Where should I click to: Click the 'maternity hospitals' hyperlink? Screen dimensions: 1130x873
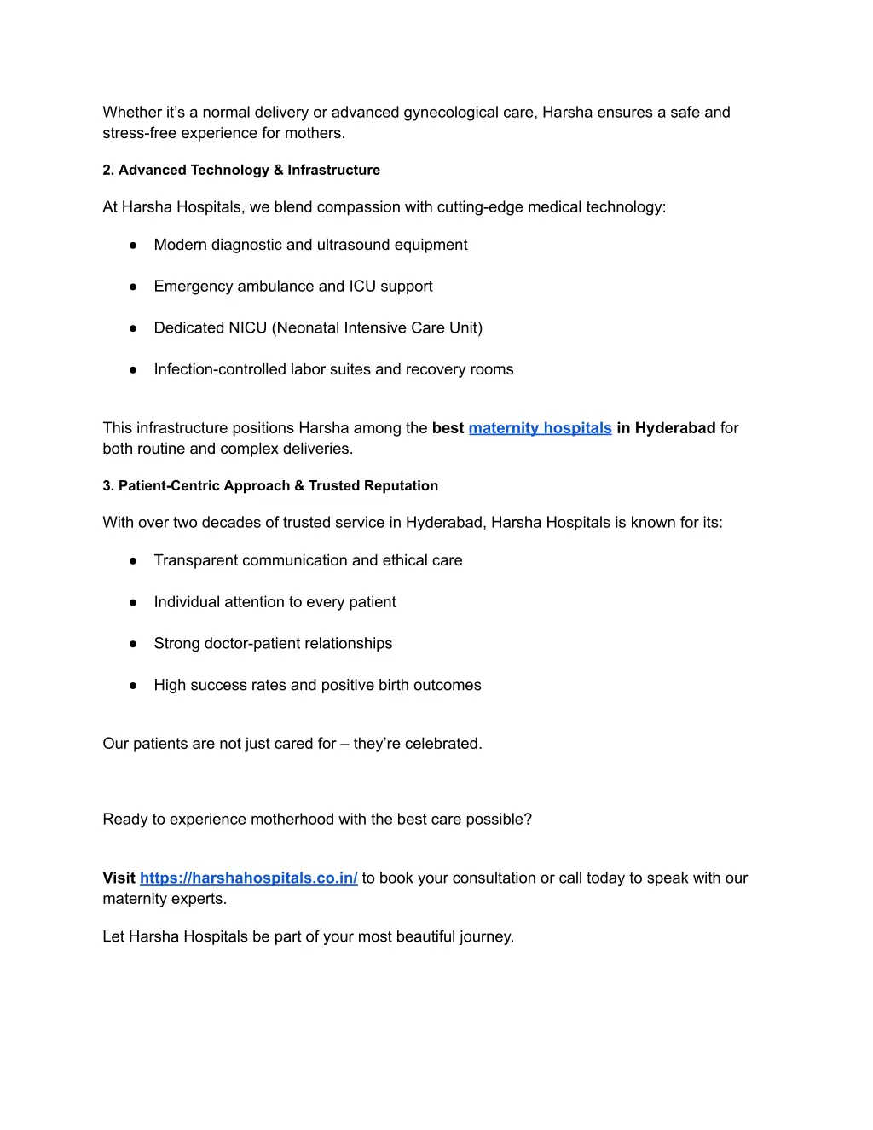[540, 428]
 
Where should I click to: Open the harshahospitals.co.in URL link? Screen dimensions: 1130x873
[248, 878]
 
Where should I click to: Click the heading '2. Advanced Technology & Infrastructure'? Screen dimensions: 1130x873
[241, 171]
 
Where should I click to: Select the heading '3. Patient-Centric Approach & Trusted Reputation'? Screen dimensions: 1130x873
[270, 486]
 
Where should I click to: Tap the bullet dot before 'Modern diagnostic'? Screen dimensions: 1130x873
[133, 246]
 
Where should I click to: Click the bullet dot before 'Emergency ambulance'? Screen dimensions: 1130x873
[133, 287]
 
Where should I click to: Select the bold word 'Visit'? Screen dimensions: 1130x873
[119, 878]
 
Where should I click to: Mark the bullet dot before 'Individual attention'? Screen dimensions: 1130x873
[133, 603]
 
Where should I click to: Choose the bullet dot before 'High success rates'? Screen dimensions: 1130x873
[133, 686]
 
